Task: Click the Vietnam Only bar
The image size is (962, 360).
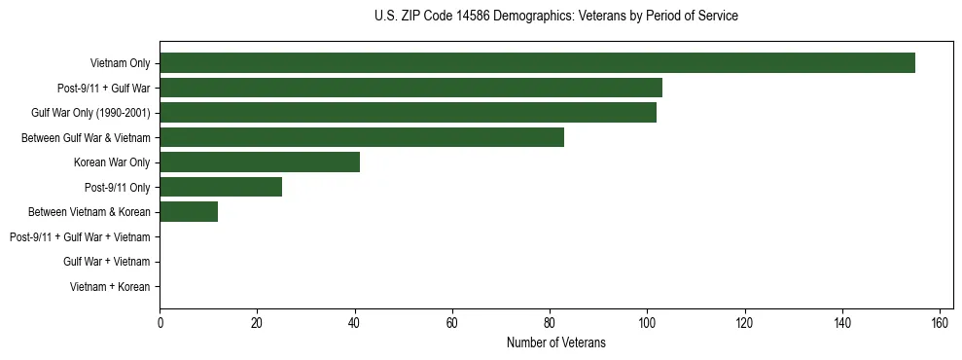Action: (x=537, y=63)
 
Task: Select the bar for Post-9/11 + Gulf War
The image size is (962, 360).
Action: (x=410, y=88)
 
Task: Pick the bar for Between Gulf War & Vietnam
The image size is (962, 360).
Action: (x=362, y=137)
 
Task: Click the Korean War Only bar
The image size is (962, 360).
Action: (x=260, y=162)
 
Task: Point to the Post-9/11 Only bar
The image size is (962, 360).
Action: (x=221, y=187)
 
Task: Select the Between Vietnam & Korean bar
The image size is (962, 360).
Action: (x=189, y=212)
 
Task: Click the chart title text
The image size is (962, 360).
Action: (x=555, y=17)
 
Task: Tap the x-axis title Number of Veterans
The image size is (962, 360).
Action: (x=555, y=342)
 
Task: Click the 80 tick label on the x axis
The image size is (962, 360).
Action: (x=550, y=323)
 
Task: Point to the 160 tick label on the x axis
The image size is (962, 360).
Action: (x=940, y=323)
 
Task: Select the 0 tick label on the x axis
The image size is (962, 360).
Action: (x=160, y=323)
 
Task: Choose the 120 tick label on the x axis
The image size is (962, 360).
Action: (x=744, y=323)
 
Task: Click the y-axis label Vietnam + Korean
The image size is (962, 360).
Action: (x=110, y=287)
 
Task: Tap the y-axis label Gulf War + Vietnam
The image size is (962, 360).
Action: (x=107, y=262)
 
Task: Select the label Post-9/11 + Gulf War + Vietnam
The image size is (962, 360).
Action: (x=80, y=237)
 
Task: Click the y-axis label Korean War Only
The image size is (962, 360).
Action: (x=112, y=162)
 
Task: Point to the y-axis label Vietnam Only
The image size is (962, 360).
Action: (x=120, y=63)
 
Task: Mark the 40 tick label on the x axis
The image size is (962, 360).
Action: (x=354, y=323)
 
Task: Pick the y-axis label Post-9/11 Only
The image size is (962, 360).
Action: (x=118, y=187)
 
